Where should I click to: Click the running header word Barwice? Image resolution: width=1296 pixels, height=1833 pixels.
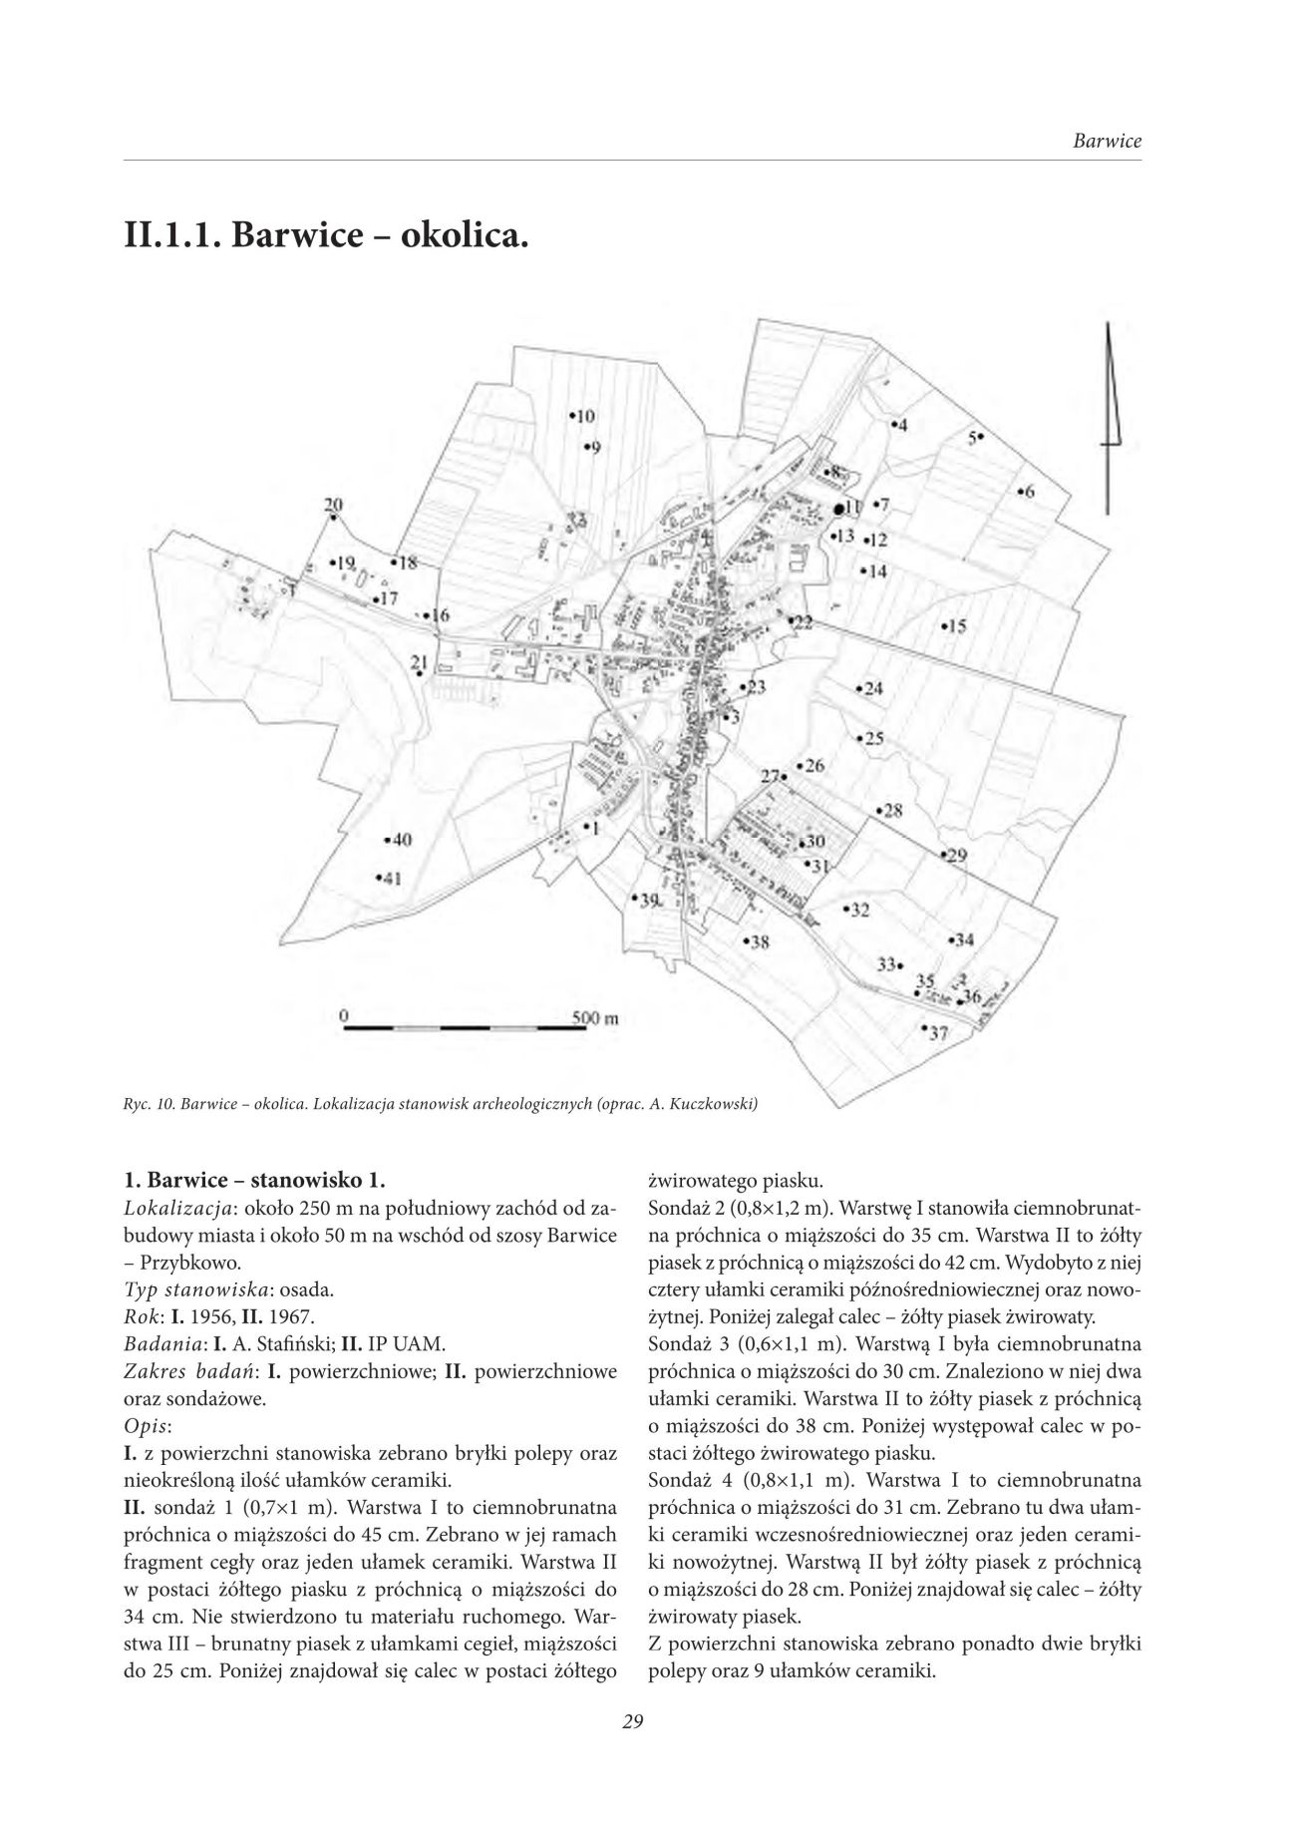pos(1107,141)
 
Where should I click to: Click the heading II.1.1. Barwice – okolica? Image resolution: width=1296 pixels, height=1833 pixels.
pos(325,239)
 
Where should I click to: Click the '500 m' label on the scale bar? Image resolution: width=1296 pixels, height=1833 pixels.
pos(596,1018)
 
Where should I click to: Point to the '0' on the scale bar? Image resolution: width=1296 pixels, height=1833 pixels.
pos(343,1014)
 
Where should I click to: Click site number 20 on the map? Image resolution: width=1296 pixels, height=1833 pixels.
pos(333,505)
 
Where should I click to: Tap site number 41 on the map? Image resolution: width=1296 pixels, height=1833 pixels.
pos(389,879)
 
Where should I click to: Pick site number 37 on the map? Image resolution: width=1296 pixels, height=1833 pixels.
pos(936,1033)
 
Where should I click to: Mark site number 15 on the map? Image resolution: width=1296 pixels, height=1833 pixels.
pos(954,626)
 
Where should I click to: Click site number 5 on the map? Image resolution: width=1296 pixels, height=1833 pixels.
pos(975,437)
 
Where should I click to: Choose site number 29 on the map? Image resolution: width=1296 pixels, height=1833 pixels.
pos(954,856)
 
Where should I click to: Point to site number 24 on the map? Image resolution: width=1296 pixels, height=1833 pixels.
pos(870,689)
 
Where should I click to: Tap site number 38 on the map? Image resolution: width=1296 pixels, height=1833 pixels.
pos(757,940)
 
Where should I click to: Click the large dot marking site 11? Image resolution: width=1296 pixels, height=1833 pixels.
pos(839,509)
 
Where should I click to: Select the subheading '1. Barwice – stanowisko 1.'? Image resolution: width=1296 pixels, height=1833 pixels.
pos(252,1183)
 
